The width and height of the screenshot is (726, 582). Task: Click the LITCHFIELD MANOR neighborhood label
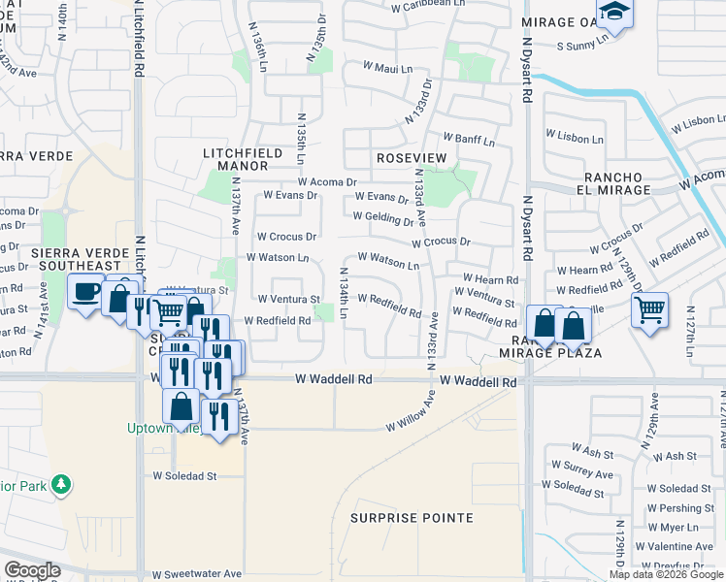coord(243,159)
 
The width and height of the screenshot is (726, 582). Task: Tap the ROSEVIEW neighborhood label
coord(411,157)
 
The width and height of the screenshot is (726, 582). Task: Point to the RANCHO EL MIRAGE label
coord(616,183)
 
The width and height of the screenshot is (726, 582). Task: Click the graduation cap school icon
coord(612,14)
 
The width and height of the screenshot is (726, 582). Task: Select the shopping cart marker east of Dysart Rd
coord(649,310)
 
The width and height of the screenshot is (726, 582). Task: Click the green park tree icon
coord(61,483)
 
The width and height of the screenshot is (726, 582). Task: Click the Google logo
coord(32,570)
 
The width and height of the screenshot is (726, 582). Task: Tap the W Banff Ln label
coord(469,141)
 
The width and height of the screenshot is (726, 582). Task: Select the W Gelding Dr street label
coord(383,219)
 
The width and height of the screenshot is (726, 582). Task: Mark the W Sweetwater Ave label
coord(196,574)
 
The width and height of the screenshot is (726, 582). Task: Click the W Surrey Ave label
coord(577,474)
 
